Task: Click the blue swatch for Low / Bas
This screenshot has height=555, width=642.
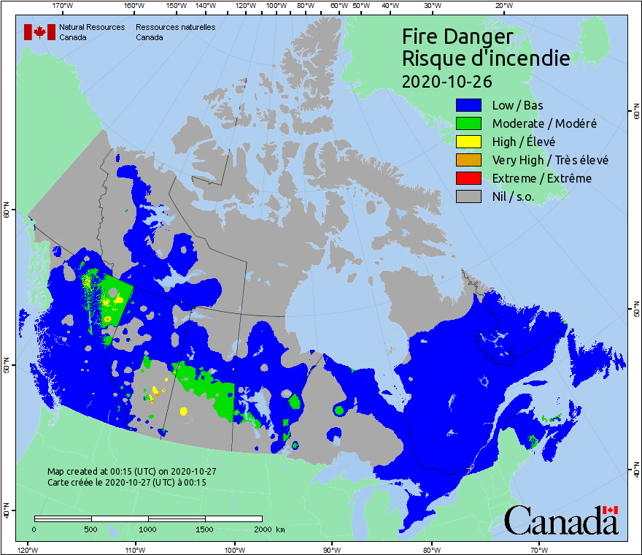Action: (x=468, y=105)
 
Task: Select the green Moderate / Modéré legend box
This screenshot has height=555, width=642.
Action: (x=468, y=123)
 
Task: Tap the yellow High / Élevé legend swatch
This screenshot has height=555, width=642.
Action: (x=468, y=142)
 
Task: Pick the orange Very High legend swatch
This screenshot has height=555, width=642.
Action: (x=468, y=160)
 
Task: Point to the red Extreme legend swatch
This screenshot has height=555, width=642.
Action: (x=468, y=178)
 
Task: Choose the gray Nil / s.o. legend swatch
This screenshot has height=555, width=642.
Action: (x=468, y=196)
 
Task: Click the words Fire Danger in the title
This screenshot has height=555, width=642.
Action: (x=457, y=37)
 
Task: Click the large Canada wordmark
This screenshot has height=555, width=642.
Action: (x=560, y=520)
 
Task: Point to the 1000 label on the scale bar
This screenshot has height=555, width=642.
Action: (x=148, y=529)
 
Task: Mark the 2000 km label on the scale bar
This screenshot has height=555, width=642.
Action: (x=269, y=529)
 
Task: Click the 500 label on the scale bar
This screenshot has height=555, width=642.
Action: (x=91, y=529)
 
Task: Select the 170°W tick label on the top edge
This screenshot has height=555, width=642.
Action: (x=63, y=6)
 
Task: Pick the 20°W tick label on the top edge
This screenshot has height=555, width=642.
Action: (x=502, y=6)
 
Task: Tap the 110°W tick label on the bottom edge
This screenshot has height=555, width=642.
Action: (x=132, y=549)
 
